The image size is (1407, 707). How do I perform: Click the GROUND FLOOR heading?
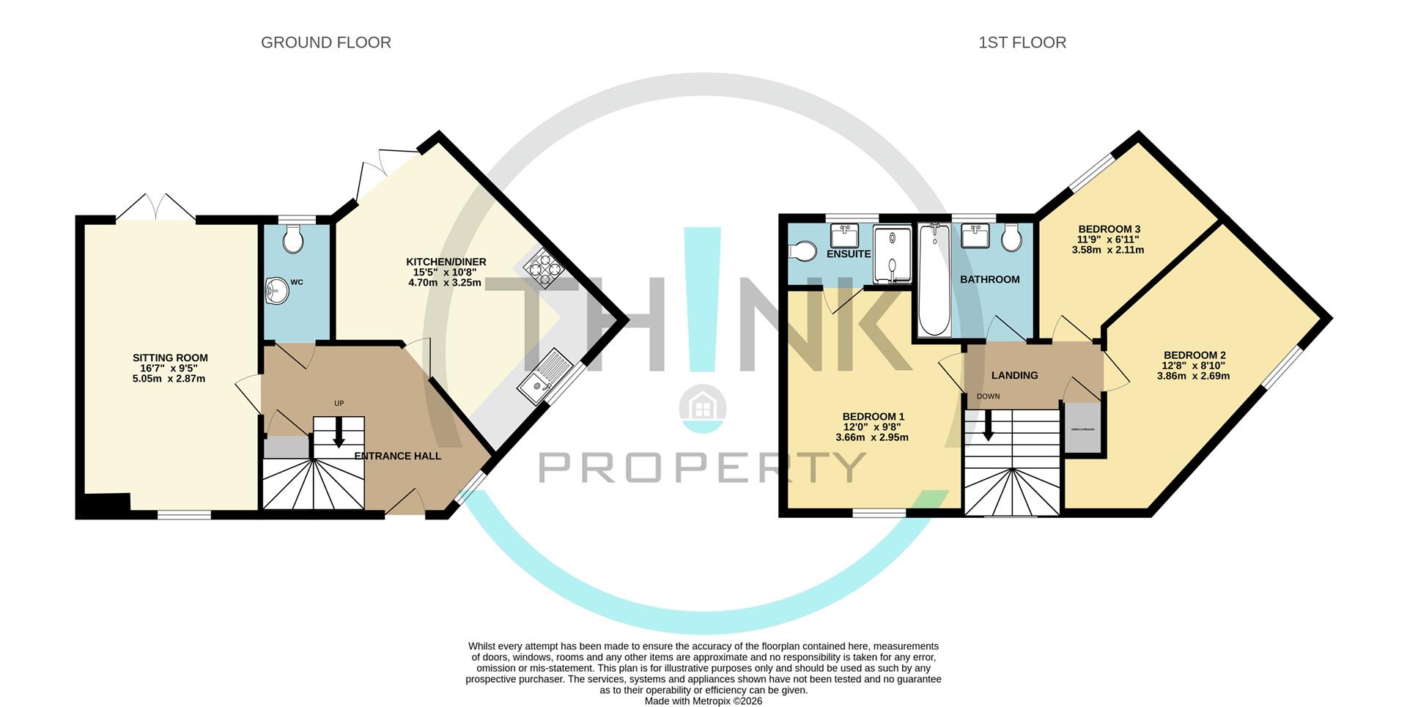(326, 42)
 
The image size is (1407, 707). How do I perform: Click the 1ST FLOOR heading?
(1022, 42)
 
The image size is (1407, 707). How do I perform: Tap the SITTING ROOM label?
(170, 358)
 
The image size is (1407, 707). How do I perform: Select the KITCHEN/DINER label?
(446, 262)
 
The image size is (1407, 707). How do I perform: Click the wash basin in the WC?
(276, 291)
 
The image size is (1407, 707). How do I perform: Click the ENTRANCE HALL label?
(398, 456)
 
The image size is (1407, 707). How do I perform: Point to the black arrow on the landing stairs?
(988, 427)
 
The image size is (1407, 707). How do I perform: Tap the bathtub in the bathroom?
(934, 280)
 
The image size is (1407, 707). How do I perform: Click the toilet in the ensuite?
(803, 251)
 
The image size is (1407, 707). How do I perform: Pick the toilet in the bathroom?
(1012, 237)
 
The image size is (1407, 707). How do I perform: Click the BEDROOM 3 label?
(1108, 229)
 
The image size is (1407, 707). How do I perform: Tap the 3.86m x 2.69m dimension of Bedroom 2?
(1193, 376)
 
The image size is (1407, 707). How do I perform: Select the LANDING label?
(1014, 375)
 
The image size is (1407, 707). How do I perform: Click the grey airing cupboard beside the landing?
(1083, 429)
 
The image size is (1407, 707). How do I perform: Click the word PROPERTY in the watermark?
(703, 467)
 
